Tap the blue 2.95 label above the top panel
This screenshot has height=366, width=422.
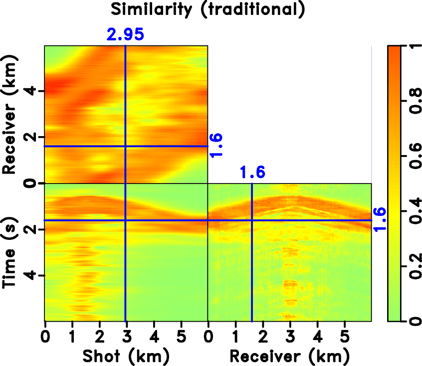coord(125,34)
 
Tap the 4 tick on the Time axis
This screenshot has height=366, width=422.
coord(34,276)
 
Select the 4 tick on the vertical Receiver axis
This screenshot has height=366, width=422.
coord(34,91)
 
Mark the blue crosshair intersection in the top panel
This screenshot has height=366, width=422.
coord(125,146)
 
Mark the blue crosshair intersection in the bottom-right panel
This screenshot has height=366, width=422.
coord(252,220)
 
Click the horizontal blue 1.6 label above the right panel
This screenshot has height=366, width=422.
coord(252,173)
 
